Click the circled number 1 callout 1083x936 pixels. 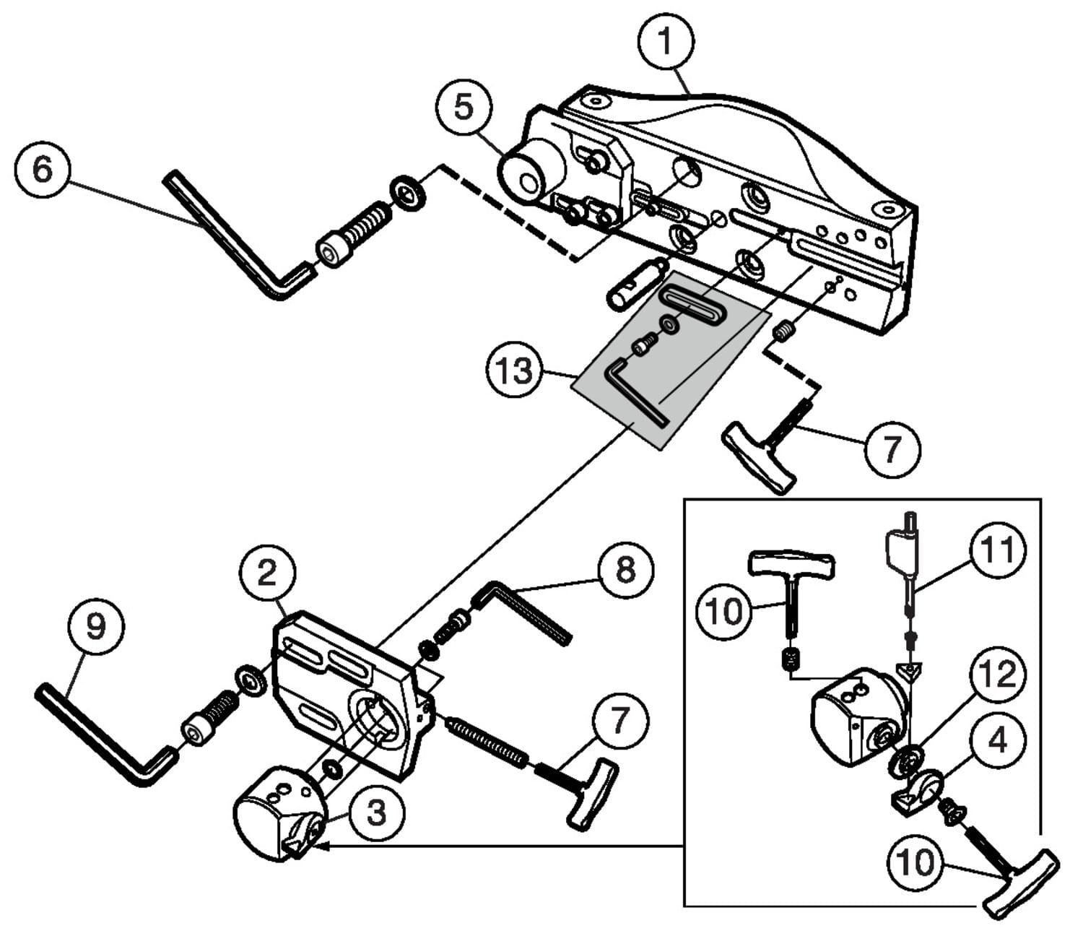point(666,42)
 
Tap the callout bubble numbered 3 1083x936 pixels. point(376,813)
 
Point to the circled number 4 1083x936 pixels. point(997,741)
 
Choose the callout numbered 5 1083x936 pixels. point(464,108)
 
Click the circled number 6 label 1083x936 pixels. point(43,170)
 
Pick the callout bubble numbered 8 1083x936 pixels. point(625,570)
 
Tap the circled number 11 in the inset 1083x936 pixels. point(997,550)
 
